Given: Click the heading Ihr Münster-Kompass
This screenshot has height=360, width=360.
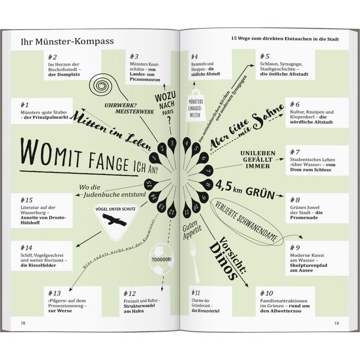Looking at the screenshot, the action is click(67, 41).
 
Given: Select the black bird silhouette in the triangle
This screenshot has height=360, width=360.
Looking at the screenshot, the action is click(114, 220).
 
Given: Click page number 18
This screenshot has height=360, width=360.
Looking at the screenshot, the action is click(23, 323).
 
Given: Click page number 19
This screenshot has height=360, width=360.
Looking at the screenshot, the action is click(336, 323).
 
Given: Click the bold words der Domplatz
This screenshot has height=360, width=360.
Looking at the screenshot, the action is click(64, 75).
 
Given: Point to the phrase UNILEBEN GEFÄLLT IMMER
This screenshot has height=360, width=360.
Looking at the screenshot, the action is click(258, 160).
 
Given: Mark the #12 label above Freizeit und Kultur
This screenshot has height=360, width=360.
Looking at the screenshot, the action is click(130, 294).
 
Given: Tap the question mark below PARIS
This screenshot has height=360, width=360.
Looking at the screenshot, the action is click(169, 120).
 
